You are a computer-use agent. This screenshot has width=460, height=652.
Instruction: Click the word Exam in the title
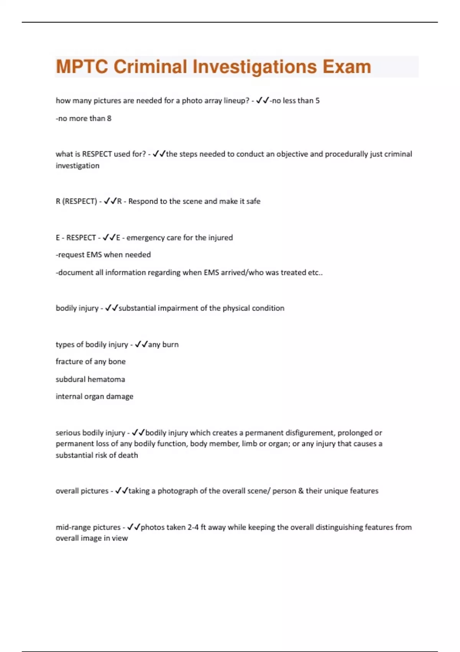(347, 67)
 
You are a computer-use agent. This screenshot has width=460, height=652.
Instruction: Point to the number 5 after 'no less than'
(317, 101)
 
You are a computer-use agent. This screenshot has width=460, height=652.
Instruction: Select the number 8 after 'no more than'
(109, 119)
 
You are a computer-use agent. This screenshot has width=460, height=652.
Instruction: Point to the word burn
(170, 345)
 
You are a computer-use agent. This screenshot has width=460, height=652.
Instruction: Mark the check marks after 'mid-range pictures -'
(134, 527)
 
